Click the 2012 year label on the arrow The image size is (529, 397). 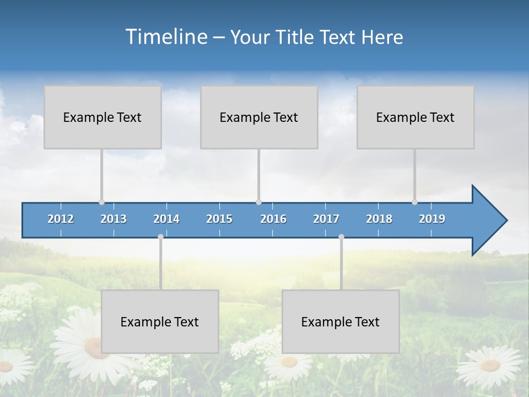61,219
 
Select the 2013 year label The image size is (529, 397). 114,219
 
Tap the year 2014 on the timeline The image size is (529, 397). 166,219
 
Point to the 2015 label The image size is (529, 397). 219,219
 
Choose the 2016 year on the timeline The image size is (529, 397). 273,219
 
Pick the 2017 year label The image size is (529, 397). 326,219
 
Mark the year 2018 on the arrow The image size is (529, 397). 379,219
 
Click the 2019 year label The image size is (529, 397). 432,219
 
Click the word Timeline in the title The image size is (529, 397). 166,37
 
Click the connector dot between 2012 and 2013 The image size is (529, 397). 102,202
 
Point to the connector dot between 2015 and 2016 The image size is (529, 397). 259,202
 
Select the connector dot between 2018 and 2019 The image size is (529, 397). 415,202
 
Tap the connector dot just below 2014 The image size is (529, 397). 160,237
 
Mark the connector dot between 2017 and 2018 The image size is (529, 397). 341,237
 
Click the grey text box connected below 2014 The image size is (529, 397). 160,321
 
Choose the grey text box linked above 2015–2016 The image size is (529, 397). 259,117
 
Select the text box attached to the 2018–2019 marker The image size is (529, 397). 415,117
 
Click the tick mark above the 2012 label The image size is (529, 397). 61,206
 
